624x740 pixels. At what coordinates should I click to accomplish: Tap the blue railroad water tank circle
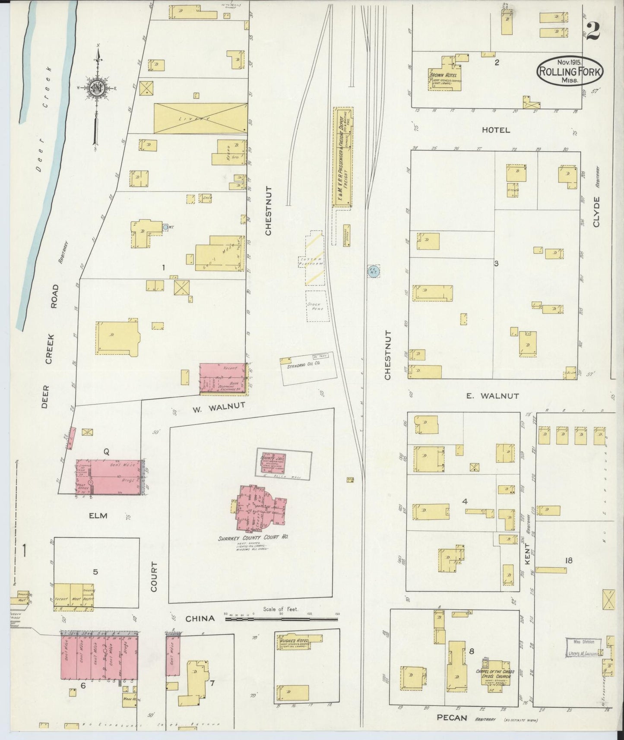(x=373, y=271)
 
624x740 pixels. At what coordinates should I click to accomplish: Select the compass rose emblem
(x=97, y=89)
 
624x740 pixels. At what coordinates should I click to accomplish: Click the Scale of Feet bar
(x=281, y=619)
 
